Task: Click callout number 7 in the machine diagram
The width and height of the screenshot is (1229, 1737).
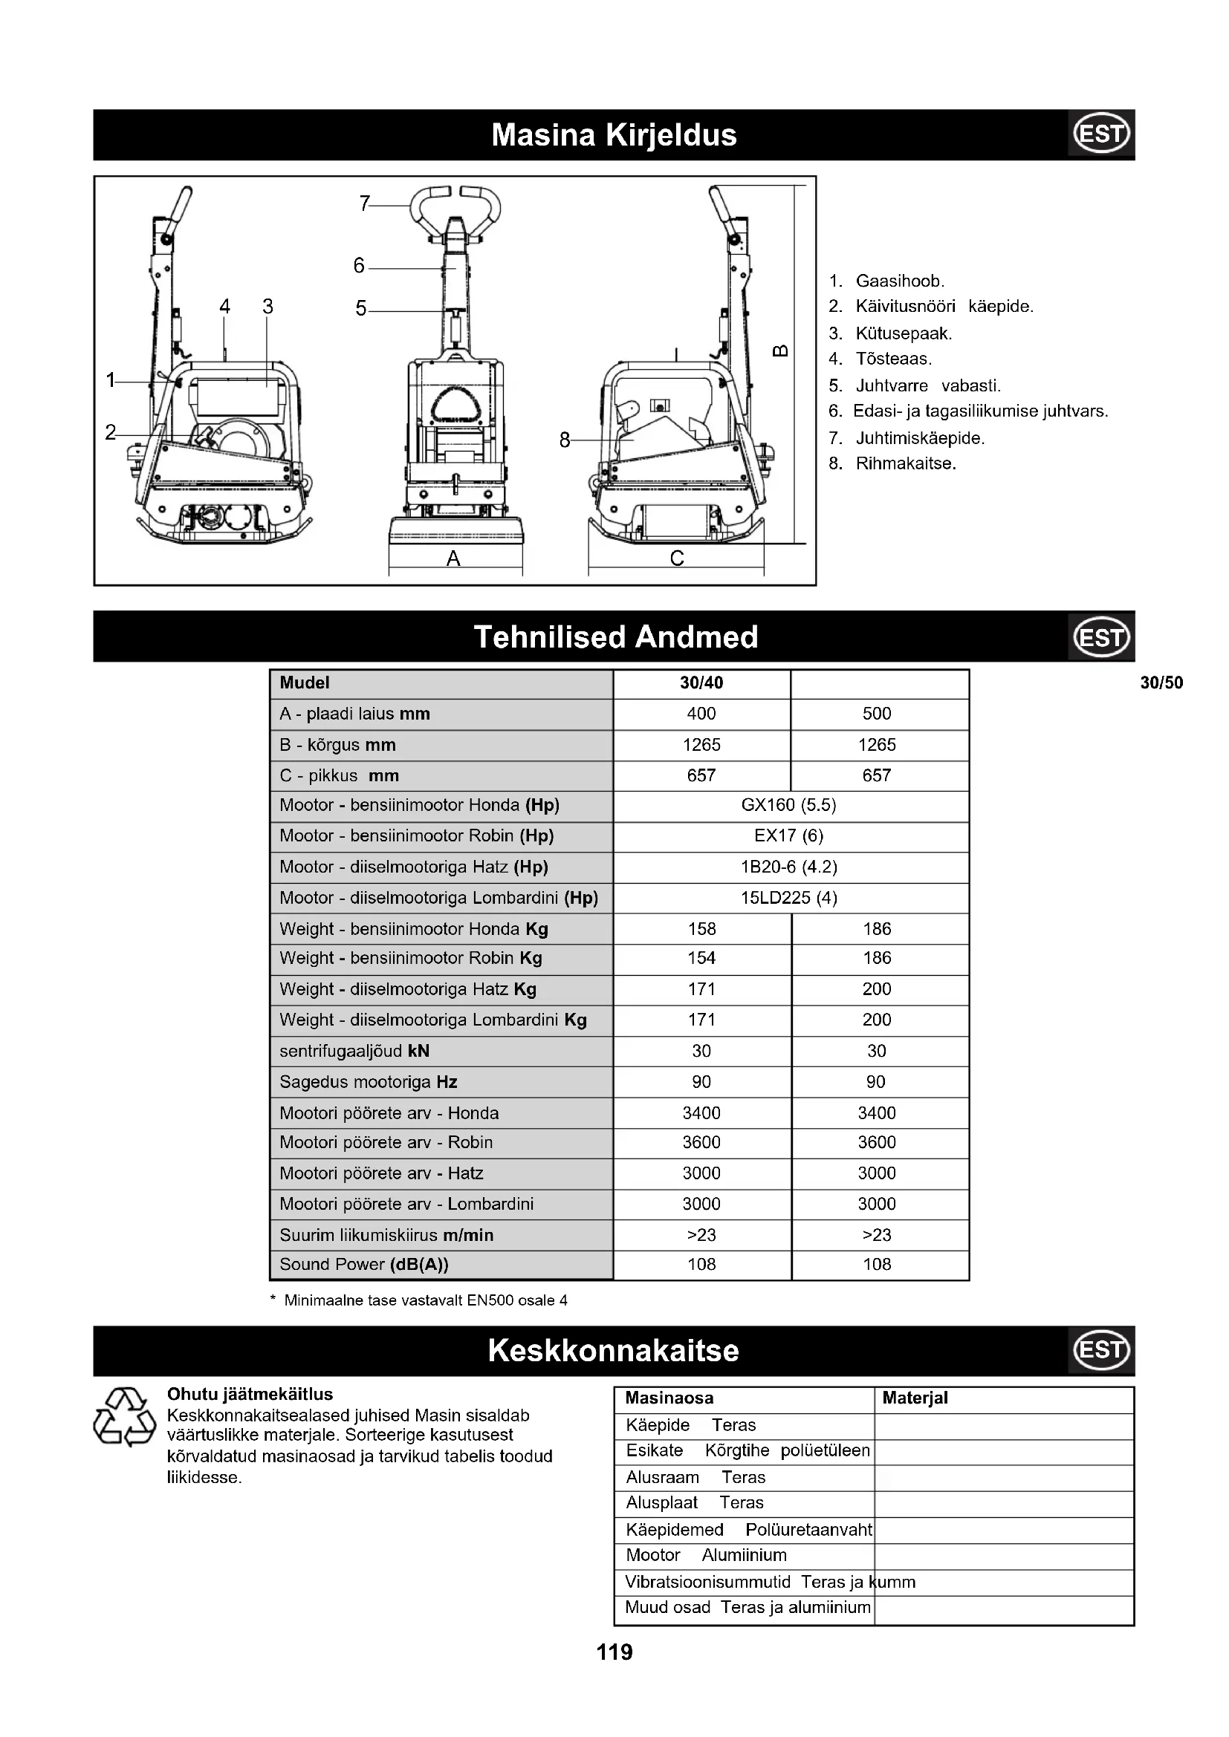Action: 365,203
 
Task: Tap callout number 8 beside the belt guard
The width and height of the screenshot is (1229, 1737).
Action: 565,440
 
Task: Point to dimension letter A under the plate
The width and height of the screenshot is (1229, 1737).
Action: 453,558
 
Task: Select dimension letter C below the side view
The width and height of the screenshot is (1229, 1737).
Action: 677,558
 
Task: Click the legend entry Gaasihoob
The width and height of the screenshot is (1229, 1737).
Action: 899,281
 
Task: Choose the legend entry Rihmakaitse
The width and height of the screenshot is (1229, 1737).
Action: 905,463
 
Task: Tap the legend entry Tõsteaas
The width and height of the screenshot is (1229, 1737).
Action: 893,359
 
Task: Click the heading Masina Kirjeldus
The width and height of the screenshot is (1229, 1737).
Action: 614,135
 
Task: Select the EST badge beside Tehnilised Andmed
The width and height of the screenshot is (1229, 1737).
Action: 1101,637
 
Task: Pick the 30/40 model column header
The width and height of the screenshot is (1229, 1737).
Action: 701,683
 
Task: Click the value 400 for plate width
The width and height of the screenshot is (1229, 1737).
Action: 701,714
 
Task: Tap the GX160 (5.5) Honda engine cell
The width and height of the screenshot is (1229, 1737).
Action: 788,805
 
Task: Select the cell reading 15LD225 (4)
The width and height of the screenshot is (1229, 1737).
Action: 788,898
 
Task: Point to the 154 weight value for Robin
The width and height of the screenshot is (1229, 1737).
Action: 701,958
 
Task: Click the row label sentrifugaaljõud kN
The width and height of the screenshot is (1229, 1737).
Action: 354,1051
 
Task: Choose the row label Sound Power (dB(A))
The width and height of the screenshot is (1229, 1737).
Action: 364,1264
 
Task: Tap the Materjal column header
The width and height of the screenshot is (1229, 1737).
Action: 914,1398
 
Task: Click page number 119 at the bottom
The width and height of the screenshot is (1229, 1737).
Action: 614,1652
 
